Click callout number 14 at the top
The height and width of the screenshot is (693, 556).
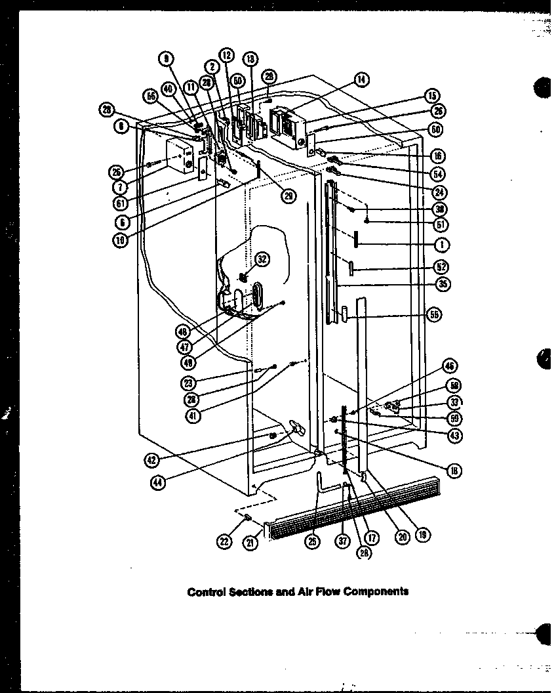(x=360, y=81)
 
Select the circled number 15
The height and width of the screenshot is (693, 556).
(x=432, y=96)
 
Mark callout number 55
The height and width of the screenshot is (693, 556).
(x=434, y=315)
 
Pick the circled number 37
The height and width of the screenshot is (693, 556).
(x=342, y=539)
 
